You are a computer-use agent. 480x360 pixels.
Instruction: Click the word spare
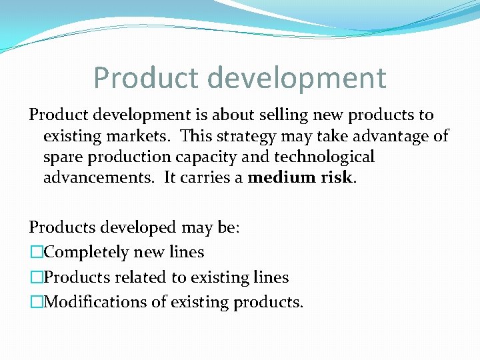click(x=64, y=157)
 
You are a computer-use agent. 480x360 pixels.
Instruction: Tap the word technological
click(x=323, y=157)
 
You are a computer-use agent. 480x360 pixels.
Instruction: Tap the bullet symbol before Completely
click(x=36, y=253)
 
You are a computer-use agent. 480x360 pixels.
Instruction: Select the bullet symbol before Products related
click(x=36, y=277)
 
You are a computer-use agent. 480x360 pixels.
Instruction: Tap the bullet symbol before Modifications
click(x=36, y=302)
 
